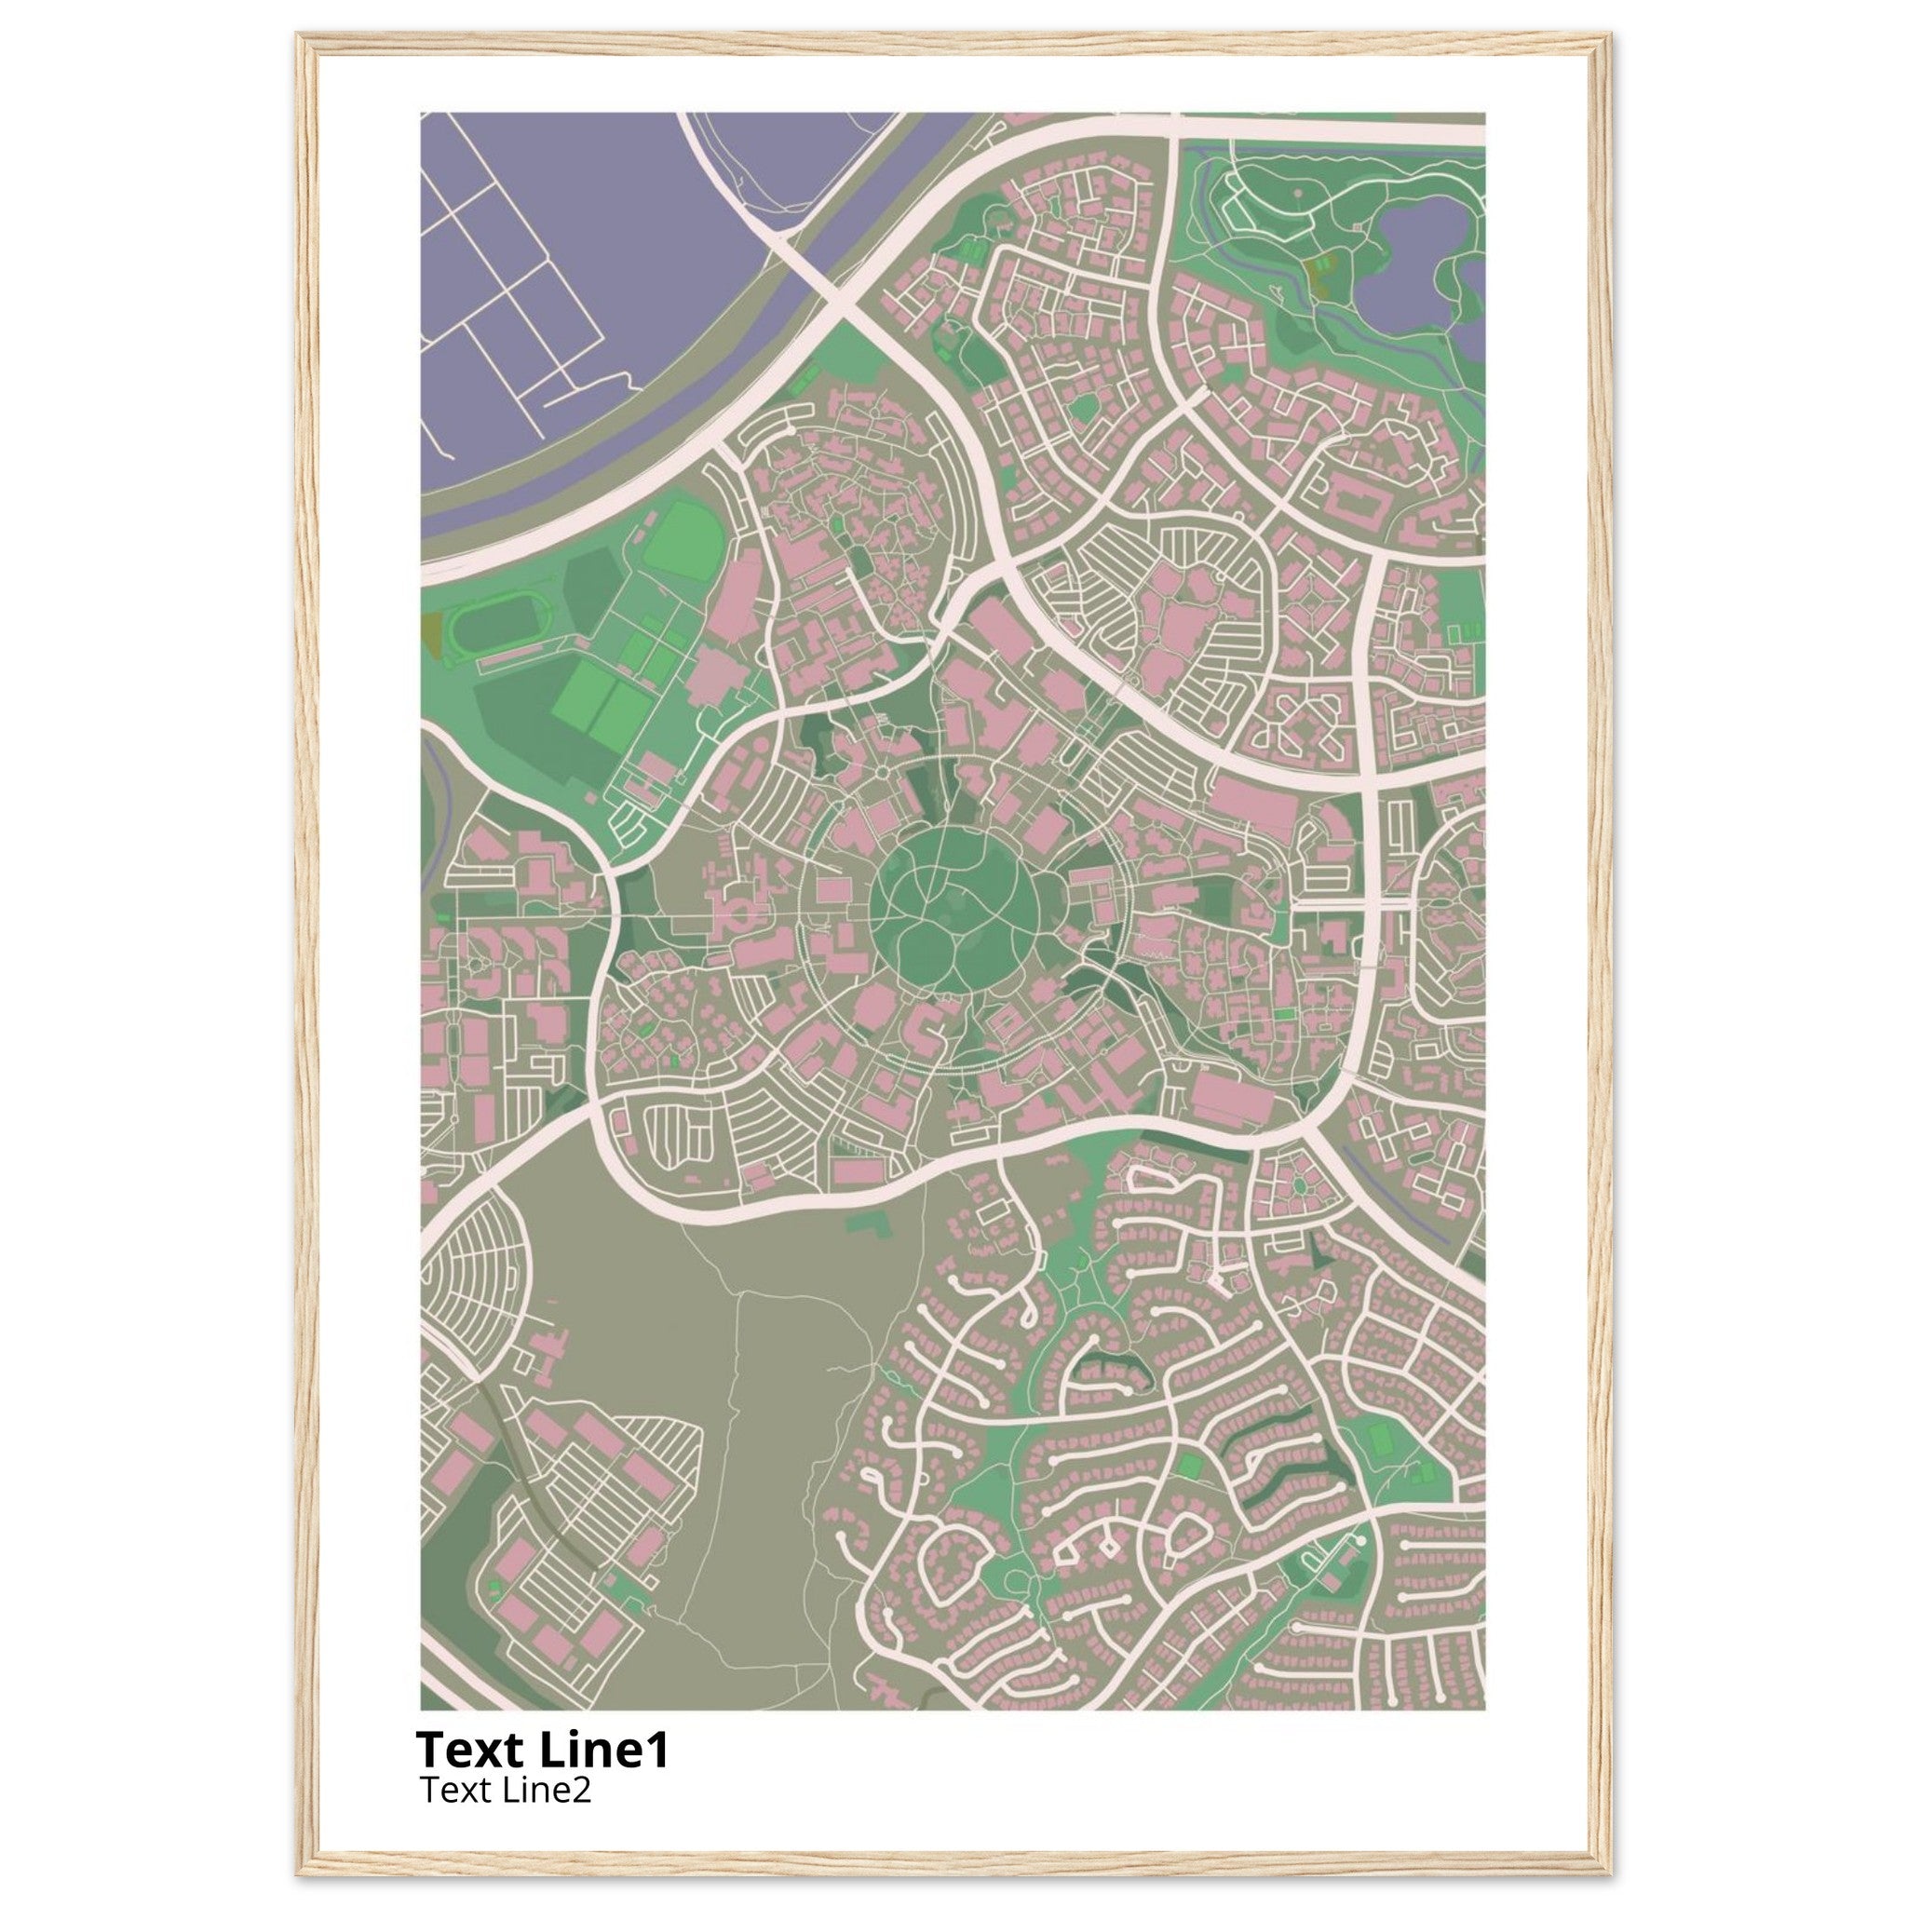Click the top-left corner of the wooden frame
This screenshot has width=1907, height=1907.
tap(300, 37)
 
